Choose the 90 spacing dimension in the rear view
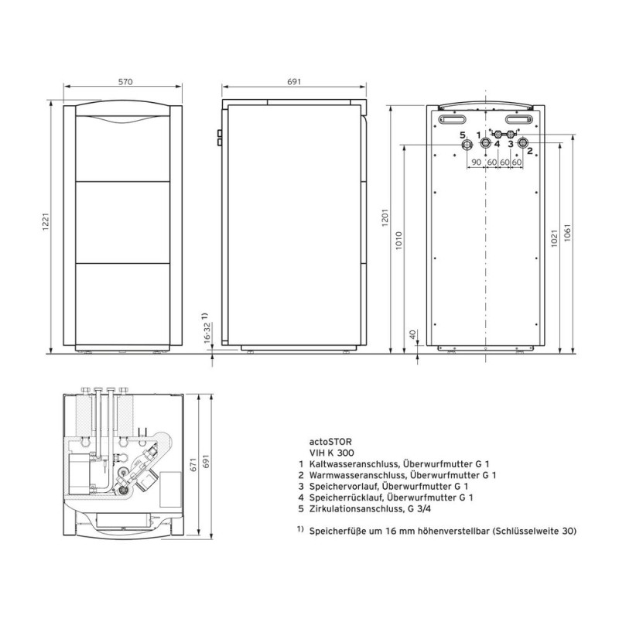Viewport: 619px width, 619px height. (x=475, y=162)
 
